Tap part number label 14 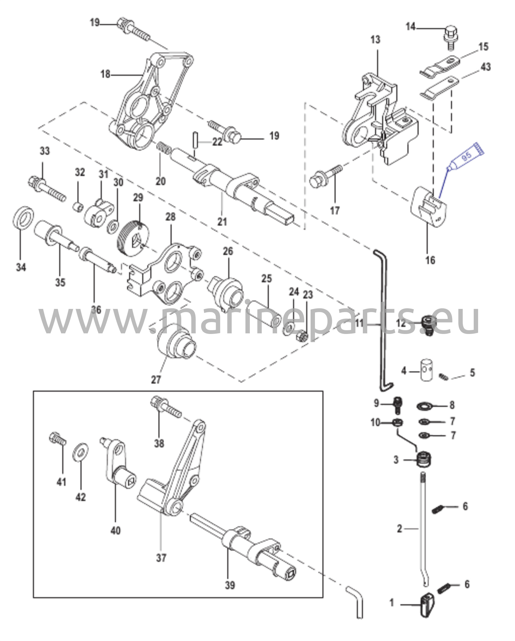[410, 27]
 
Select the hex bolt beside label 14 [451, 37]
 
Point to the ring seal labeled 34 [23, 219]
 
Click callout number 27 [156, 380]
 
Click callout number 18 [105, 74]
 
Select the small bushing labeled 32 [78, 207]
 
